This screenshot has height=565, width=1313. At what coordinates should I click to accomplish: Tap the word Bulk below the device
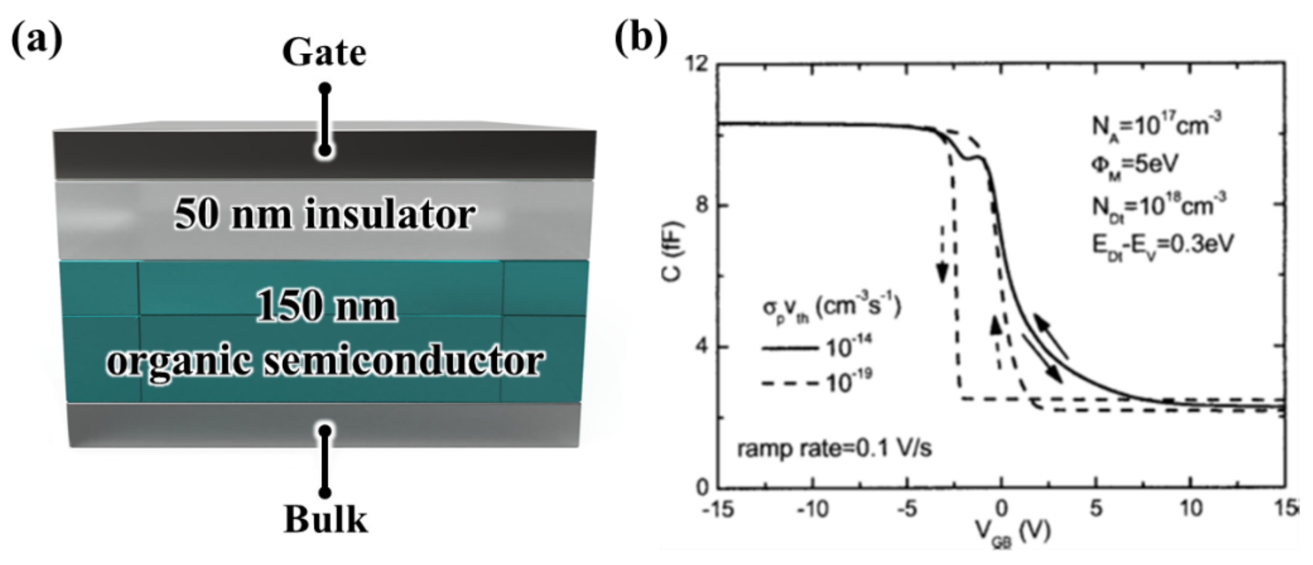click(326, 519)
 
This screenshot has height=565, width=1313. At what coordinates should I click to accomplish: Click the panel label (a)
click(37, 38)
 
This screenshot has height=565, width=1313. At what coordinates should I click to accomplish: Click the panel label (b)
click(641, 38)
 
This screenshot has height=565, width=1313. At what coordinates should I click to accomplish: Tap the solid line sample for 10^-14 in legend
click(789, 348)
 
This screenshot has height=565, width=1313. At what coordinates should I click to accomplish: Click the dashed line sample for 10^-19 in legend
click(789, 383)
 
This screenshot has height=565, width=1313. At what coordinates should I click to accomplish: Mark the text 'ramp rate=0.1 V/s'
click(834, 449)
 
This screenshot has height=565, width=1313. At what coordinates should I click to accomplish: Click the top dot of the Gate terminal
click(325, 89)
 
